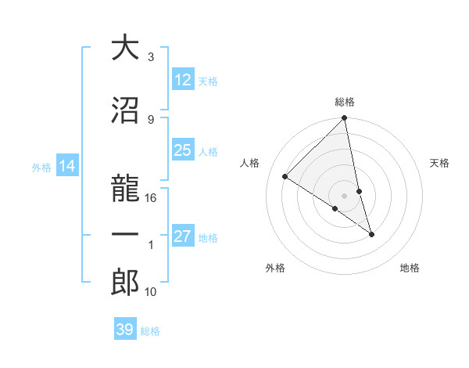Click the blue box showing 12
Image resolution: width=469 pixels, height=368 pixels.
tap(183, 80)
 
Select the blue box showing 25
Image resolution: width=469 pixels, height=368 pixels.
tap(183, 150)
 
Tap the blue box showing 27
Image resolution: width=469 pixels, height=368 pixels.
tap(183, 236)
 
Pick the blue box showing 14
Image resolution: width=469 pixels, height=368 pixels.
tap(67, 166)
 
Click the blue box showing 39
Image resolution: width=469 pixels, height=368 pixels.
tap(125, 330)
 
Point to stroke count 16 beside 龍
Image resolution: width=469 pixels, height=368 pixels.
tap(151, 198)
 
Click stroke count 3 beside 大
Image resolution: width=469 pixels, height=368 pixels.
tap(150, 57)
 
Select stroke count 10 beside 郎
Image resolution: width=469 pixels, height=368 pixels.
tap(151, 292)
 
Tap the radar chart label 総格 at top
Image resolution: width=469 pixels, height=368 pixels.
tap(345, 103)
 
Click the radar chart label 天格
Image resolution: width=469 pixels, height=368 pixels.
tap(439, 163)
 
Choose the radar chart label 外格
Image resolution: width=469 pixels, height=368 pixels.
tap(275, 268)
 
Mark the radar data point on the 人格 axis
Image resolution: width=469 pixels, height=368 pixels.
tap(285, 177)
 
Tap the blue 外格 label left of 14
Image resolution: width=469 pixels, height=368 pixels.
tap(41, 167)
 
